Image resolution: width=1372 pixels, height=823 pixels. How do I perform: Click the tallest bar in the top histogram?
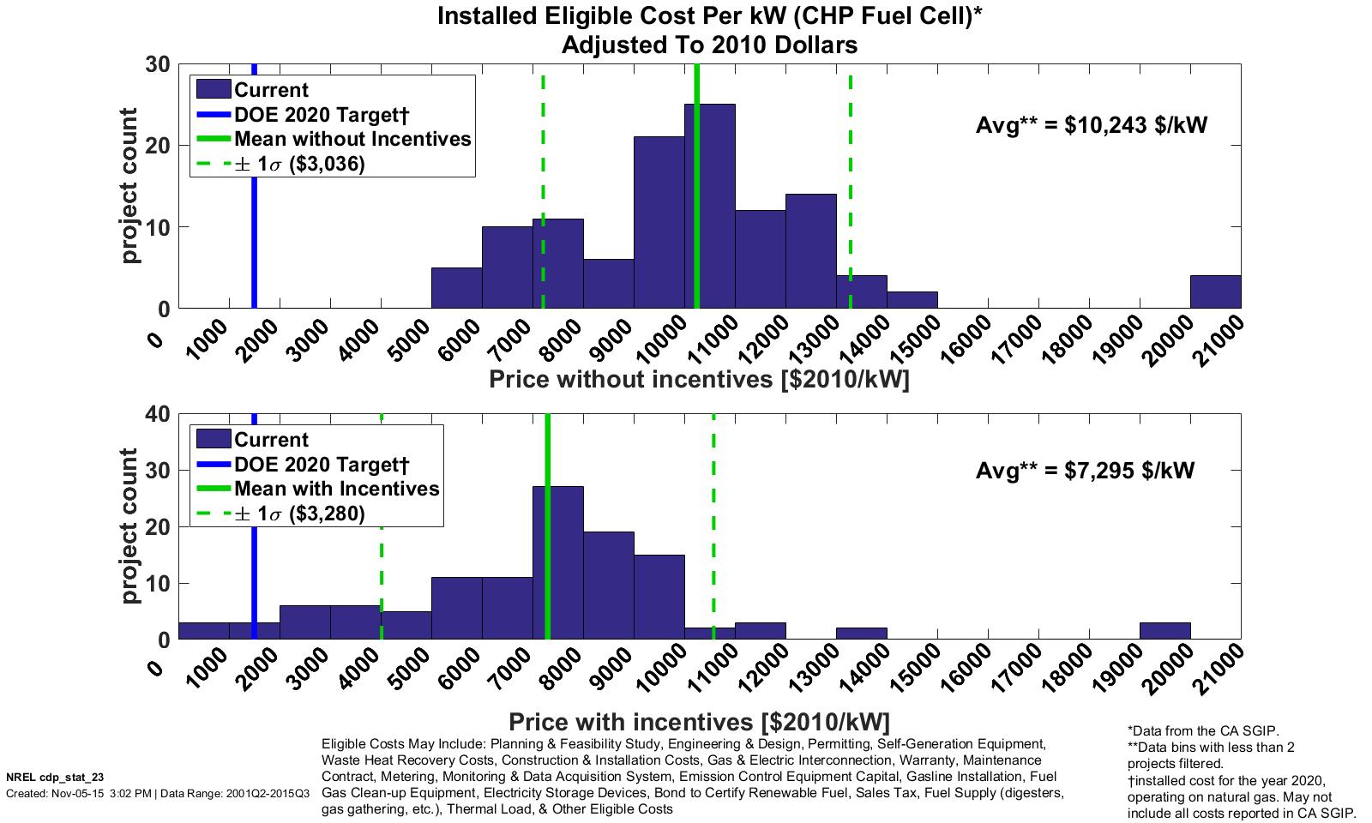click(709, 206)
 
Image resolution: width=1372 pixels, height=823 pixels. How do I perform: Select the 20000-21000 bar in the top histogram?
click(1215, 291)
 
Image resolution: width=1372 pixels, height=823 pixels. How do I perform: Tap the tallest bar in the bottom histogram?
click(558, 562)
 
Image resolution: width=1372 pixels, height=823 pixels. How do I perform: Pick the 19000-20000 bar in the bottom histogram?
click(1164, 631)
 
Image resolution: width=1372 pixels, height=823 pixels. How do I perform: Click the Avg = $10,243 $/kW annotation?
click(1091, 125)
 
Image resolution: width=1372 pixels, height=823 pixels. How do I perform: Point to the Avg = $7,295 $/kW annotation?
click(1085, 471)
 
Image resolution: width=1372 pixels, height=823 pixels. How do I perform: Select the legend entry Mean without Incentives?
click(352, 139)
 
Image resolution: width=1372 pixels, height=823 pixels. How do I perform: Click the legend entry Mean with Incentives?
click(336, 489)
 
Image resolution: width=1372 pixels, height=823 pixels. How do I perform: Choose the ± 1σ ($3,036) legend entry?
click(299, 164)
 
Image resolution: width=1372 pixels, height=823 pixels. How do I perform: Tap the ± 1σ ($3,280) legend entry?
click(299, 514)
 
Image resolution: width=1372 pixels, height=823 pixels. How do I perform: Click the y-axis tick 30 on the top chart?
click(158, 64)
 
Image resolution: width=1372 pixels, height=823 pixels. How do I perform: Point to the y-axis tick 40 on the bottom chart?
click(158, 414)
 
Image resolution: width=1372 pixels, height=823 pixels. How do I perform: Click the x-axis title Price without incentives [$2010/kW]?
click(699, 379)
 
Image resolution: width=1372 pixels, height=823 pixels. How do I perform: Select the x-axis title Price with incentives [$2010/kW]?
click(699, 720)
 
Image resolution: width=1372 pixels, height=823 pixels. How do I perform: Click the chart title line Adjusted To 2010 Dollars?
click(709, 45)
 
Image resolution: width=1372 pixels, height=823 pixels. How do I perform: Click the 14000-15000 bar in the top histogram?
click(912, 300)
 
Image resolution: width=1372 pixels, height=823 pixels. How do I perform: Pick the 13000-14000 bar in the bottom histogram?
click(862, 634)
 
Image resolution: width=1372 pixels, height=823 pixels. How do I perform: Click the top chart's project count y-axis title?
click(129, 186)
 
